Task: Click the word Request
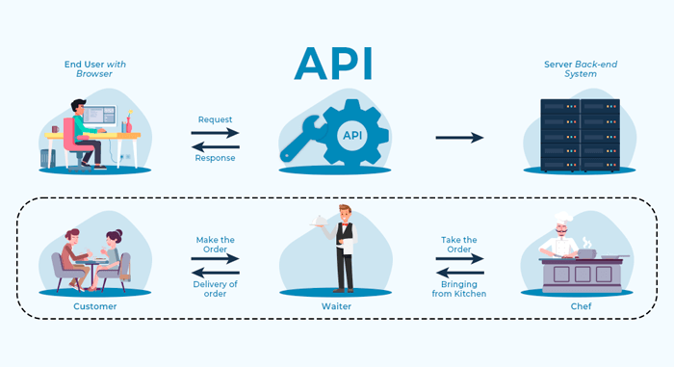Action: coord(215,119)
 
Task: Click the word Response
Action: coord(215,158)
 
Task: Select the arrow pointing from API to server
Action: coord(459,138)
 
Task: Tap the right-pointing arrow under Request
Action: coord(215,133)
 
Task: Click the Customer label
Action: coord(94,306)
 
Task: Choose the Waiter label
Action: coord(335,306)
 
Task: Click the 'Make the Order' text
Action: coord(215,245)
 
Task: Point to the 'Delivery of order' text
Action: coord(215,289)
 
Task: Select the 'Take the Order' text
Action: coord(458,245)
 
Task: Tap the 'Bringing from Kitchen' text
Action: coord(458,288)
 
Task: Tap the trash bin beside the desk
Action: coord(47,157)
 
